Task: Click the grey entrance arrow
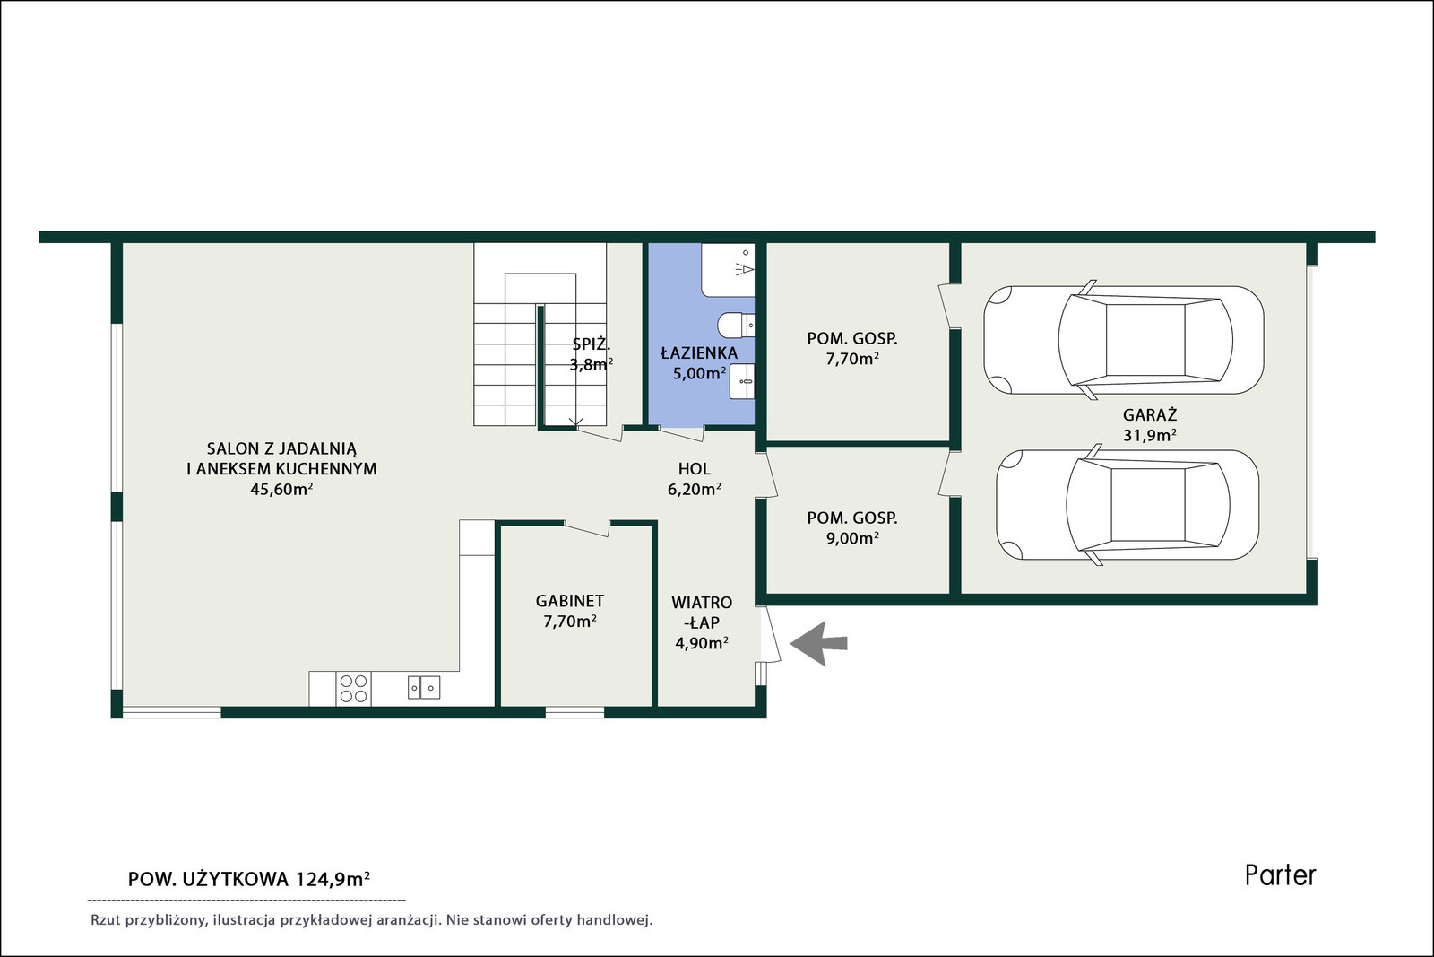819,643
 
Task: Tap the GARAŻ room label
1150,414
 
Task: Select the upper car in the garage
1124,340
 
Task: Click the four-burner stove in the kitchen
353,689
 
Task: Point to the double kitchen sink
424,688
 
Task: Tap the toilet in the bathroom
736,325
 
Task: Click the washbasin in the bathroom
742,381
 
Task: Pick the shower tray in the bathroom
729,270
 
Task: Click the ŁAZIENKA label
699,353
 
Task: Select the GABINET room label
570,601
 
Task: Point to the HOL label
695,469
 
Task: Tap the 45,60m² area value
281,490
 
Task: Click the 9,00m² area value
852,538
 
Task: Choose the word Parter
1281,875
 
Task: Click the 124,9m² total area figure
333,880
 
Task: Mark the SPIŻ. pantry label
591,344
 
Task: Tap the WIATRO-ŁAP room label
702,613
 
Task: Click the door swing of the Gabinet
586,528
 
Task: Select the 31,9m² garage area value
1150,436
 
